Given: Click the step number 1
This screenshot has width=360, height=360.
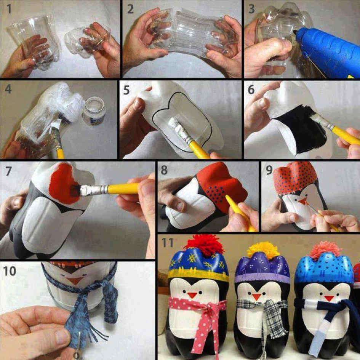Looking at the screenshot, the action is click(9, 9).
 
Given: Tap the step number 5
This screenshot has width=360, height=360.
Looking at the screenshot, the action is click(126, 90).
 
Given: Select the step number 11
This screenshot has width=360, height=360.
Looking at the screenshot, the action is click(167, 242).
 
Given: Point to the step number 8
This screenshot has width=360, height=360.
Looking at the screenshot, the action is click(164, 170).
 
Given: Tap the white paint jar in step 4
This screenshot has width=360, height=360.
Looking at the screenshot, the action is click(94, 110).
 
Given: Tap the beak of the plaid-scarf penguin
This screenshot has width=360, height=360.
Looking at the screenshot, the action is click(257, 296).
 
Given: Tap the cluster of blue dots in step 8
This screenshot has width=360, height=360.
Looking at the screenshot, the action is click(215, 192).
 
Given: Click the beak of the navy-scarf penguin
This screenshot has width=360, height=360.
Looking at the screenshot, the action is click(329, 298).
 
